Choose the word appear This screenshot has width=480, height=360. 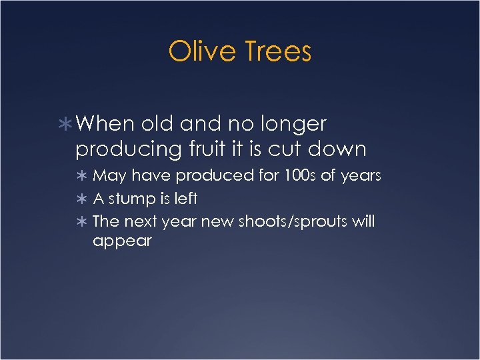click(x=122, y=241)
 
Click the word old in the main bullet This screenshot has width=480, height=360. click(x=158, y=124)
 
